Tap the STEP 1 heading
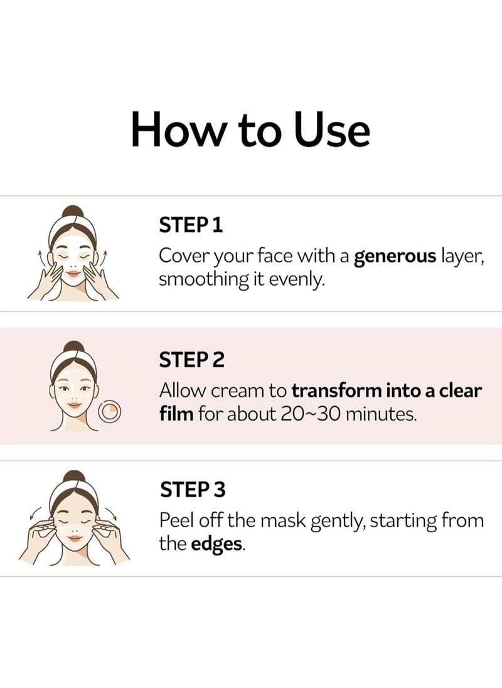point(191,225)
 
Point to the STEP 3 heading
point(193,489)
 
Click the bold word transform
point(336,390)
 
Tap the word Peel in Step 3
point(174,520)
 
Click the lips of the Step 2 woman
point(75,405)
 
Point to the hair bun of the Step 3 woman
point(74,478)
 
